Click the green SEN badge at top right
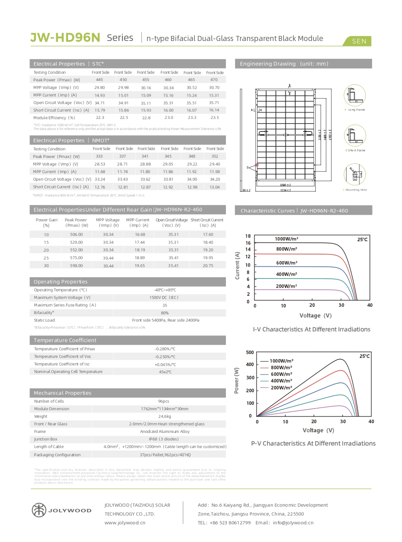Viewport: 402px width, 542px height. (359, 41)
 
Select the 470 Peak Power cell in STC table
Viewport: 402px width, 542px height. (214, 80)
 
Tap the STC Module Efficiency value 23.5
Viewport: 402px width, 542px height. (214, 118)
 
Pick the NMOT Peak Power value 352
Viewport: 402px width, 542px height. (214, 157)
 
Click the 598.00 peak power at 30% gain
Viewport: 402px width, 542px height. (76, 266)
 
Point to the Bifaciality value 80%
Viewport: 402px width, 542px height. (165, 313)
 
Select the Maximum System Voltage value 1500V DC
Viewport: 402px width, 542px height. (164, 298)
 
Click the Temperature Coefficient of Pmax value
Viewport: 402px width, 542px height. (165, 349)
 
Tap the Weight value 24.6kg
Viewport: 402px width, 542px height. (165, 417)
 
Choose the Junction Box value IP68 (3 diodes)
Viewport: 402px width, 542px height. (164, 439)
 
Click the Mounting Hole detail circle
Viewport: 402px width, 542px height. (355, 174)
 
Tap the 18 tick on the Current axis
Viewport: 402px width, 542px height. (248, 236)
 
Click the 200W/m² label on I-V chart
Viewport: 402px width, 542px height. (286, 286)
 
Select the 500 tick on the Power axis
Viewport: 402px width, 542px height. (250, 353)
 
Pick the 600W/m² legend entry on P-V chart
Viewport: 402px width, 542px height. (281, 374)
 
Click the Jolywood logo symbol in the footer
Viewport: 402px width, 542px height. (39, 510)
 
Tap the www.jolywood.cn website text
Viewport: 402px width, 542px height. (125, 523)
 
